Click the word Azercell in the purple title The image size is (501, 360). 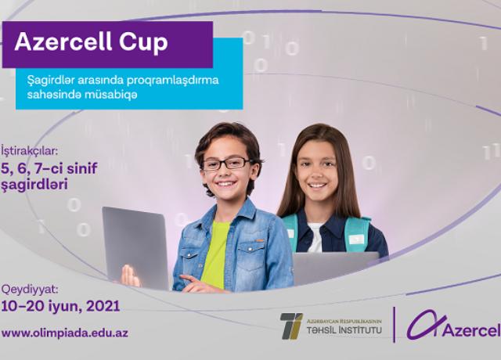pos(63,41)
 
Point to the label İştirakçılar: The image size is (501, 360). pos(30,151)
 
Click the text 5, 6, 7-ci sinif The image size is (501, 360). pos(49,169)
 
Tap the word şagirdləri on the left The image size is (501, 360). pos(34,185)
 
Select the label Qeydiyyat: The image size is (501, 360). pos(30,290)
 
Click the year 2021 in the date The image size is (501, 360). pos(103,306)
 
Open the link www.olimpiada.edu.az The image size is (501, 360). pos(65,333)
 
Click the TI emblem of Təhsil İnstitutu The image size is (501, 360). pos(291,326)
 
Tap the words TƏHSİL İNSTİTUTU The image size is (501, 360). pos(344,329)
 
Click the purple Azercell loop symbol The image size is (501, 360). pos(426,325)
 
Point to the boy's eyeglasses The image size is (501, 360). pos(228,164)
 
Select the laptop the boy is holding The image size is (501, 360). pos(135,247)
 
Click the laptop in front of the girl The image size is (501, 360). pos(336,268)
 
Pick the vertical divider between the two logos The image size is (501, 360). pos(394,325)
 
